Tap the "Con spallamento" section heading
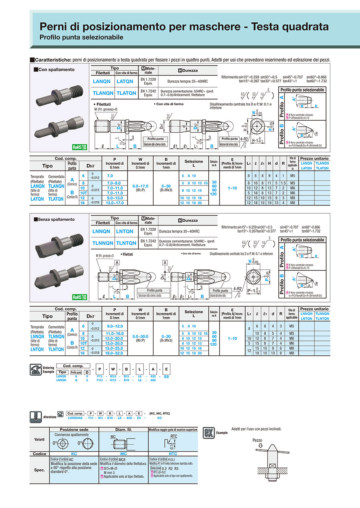56,70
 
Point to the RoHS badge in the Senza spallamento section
80,297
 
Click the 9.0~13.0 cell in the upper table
115,198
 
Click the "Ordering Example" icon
36,370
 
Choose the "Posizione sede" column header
74,430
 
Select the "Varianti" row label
40,439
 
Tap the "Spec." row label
40,470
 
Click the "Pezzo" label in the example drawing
257,440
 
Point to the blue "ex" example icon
208,432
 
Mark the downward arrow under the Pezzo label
260,446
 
